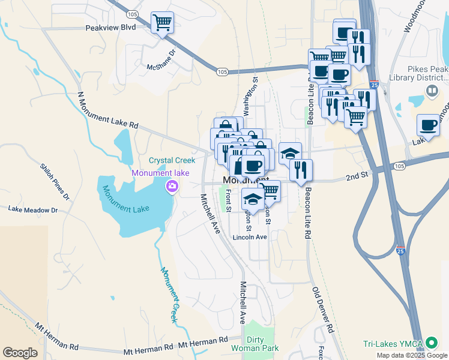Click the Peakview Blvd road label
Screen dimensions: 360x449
click(111, 27)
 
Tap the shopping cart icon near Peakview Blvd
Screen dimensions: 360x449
click(162, 23)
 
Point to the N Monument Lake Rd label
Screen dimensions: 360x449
click(108, 110)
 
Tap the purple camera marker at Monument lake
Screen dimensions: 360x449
click(172, 187)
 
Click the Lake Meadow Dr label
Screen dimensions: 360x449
click(33, 210)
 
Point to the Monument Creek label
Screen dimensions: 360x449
click(169, 294)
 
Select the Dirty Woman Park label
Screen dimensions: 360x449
click(255, 343)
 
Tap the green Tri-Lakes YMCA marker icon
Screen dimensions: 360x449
click(431, 344)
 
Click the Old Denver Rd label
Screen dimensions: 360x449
click(322, 310)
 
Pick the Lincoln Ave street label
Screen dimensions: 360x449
click(250, 237)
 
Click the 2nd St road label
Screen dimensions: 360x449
click(356, 178)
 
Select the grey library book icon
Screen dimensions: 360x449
click(432, 91)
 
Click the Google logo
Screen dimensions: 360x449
click(20, 353)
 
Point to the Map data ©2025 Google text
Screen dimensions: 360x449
click(412, 355)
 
